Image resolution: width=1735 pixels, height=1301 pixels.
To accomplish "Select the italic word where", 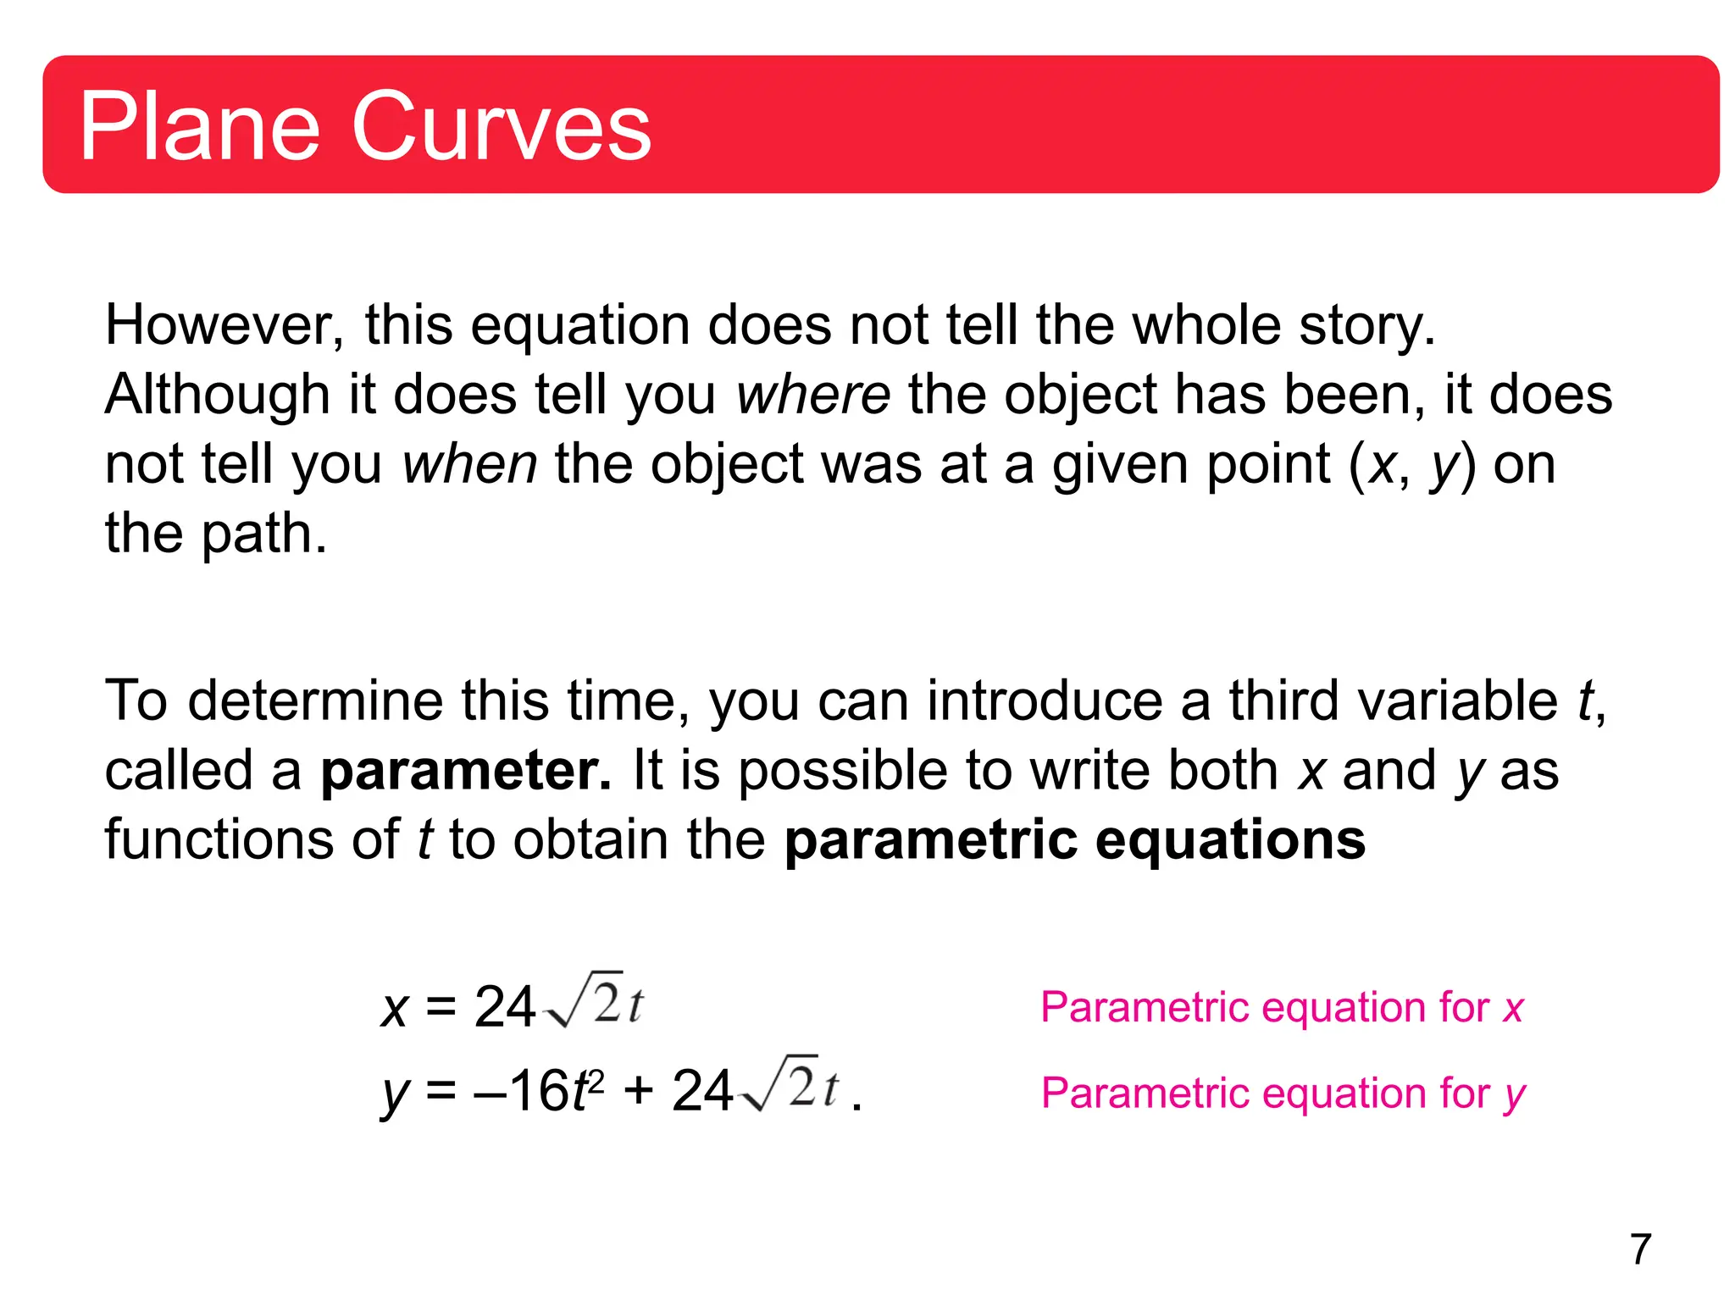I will (x=812, y=396).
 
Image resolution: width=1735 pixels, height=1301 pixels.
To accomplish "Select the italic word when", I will (x=469, y=465).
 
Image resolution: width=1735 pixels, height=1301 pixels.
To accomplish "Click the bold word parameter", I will (x=465, y=771).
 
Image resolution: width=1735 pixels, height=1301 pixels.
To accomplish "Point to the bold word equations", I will (x=1230, y=840).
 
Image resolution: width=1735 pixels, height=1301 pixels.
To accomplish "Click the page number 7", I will (x=1640, y=1249).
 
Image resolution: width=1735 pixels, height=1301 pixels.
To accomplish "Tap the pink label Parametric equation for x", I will (x=1282, y=1008).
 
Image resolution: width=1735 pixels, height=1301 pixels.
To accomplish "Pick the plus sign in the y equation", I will (x=638, y=1091).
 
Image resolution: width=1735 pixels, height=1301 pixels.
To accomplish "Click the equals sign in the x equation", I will (x=441, y=1008).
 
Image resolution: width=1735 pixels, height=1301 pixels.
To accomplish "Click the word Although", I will (x=217, y=396).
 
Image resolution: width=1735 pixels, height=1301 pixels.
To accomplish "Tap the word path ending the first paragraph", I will (x=263, y=534).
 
